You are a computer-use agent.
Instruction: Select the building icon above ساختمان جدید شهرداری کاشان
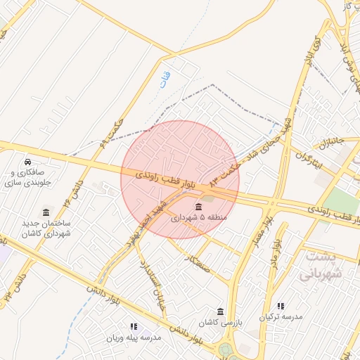click(x=46, y=212)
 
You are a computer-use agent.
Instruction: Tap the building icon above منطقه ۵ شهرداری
click(x=199, y=207)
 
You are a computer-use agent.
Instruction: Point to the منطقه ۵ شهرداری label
click(x=200, y=218)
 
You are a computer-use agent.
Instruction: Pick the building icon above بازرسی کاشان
click(x=221, y=312)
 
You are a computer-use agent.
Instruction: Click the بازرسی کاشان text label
click(x=219, y=323)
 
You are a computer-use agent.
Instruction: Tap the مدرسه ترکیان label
click(x=281, y=317)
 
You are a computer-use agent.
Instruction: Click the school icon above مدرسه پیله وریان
click(x=133, y=327)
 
